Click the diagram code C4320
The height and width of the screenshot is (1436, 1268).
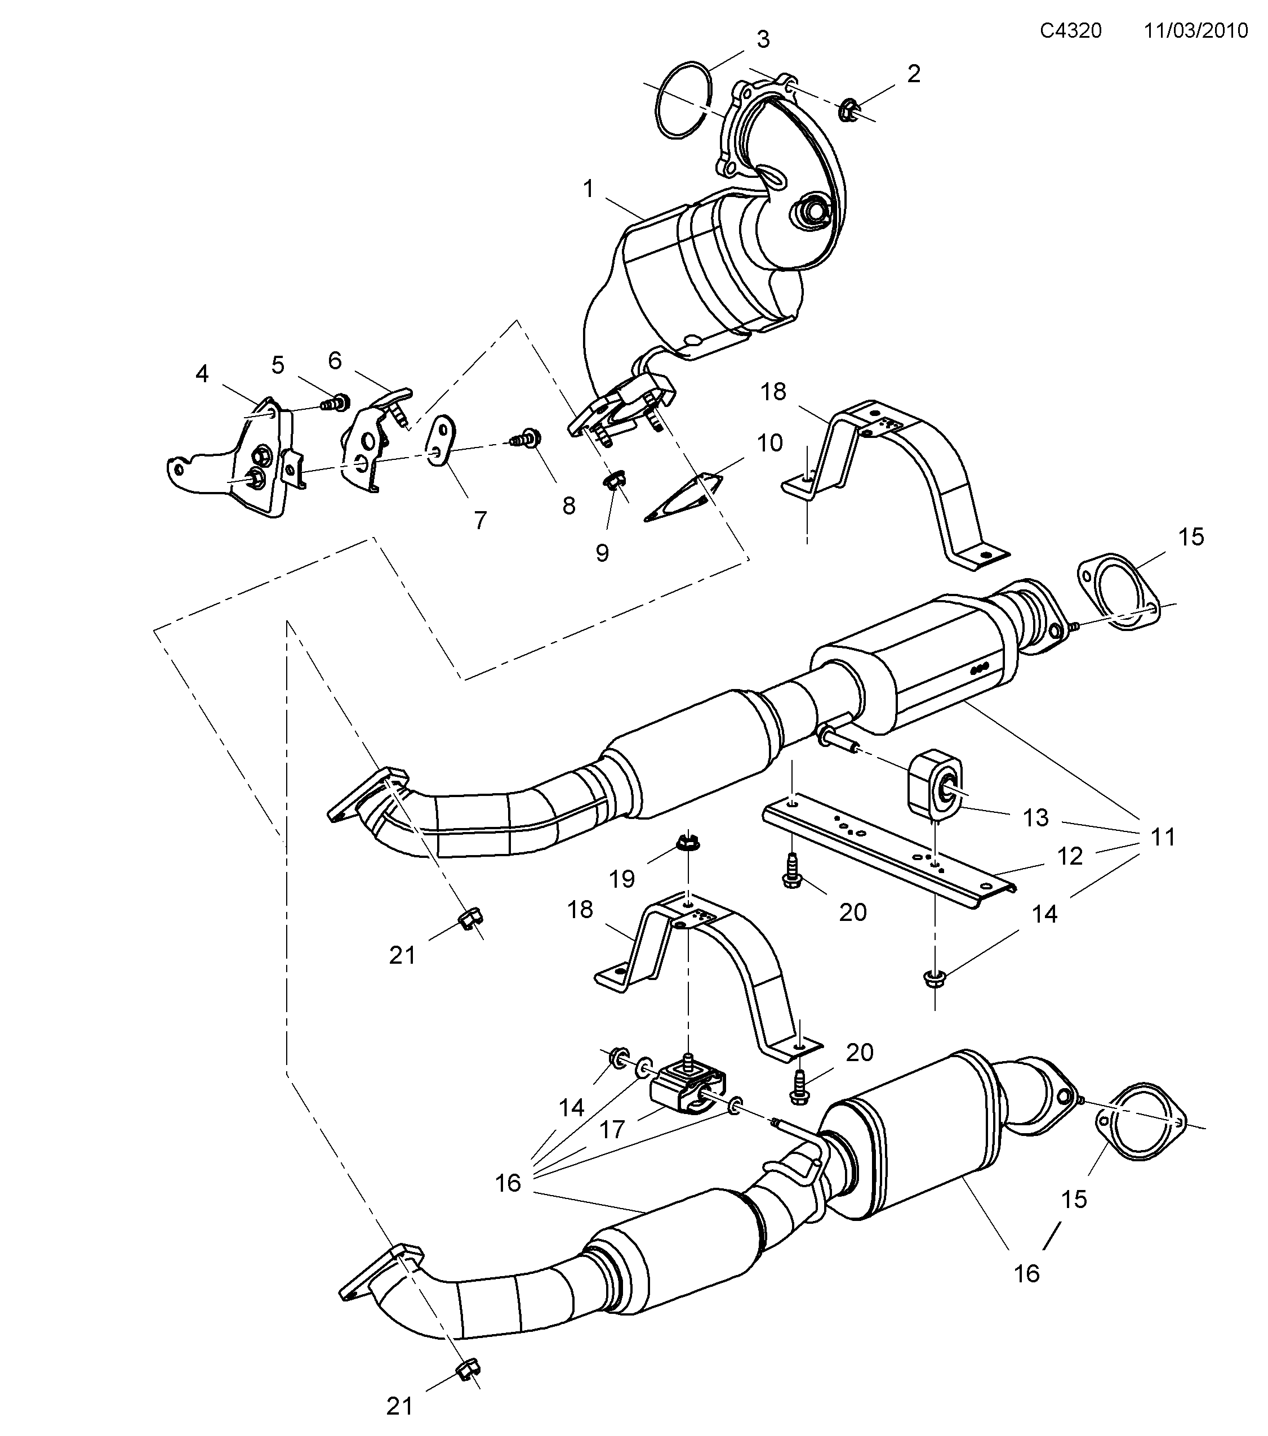point(1070,31)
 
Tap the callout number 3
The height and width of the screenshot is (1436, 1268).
point(763,39)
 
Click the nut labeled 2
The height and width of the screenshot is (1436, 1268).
point(848,110)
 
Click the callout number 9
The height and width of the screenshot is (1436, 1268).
point(602,553)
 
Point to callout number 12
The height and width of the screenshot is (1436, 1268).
point(1070,856)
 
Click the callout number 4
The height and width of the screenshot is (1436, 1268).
point(202,374)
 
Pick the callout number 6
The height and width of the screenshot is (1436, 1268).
point(335,360)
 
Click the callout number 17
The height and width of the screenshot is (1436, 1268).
point(612,1130)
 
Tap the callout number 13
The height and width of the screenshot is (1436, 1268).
point(1035,818)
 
